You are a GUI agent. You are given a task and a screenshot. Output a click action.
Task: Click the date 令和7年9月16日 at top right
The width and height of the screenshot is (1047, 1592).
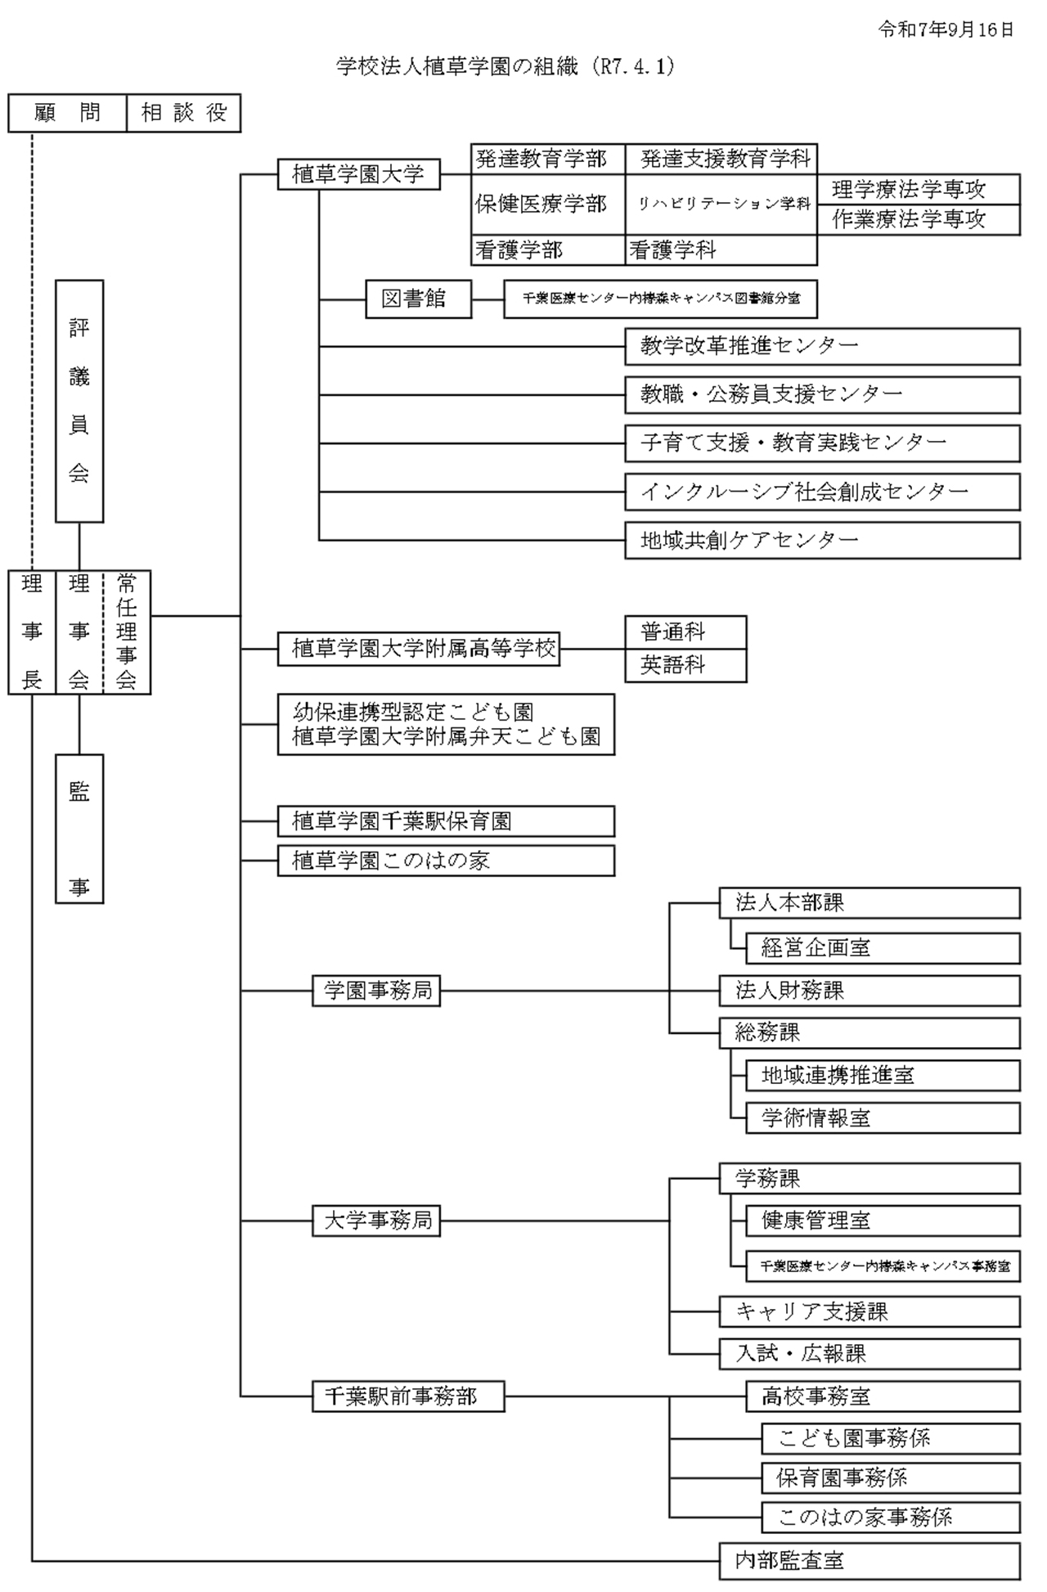[946, 30]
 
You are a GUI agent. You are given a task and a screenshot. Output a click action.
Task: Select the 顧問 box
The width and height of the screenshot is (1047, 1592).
[68, 113]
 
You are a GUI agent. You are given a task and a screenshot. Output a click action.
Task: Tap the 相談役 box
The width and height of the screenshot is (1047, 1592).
[184, 113]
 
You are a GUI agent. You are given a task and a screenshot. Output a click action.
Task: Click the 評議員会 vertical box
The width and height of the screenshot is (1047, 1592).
[79, 401]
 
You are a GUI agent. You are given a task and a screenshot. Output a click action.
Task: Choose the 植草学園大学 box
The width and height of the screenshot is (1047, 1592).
[358, 174]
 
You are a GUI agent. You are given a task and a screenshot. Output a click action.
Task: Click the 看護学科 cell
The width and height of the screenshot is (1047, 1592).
[720, 250]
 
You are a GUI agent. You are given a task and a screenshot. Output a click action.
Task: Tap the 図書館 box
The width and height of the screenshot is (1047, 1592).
[418, 299]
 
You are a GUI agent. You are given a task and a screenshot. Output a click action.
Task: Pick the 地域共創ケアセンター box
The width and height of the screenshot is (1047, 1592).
[822, 540]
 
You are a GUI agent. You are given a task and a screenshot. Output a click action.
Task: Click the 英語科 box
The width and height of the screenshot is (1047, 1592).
[685, 665]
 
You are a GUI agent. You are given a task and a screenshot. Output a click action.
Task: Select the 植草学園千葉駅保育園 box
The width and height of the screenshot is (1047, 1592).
[446, 821]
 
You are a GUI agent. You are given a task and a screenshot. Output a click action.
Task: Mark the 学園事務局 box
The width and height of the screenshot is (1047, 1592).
[376, 991]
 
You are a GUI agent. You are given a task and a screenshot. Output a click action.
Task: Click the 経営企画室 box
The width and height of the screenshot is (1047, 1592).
[882, 948]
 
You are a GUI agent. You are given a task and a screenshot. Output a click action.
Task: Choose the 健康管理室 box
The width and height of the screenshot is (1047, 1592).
[882, 1221]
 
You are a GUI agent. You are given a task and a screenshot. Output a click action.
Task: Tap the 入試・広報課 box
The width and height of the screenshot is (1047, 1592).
[869, 1354]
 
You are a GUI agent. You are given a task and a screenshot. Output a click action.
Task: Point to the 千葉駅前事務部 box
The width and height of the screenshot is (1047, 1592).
[408, 1396]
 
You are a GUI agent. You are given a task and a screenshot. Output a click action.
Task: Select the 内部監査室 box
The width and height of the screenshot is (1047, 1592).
[869, 1560]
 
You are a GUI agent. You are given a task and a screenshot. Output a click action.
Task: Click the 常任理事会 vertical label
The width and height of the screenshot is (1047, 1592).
[127, 632]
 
